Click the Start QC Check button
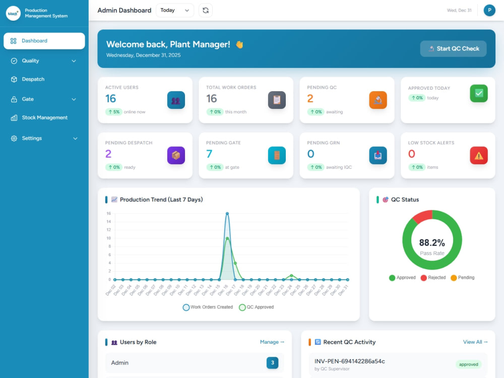[453, 48]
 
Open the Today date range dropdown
[174, 10]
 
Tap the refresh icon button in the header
[206, 10]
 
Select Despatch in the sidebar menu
[33, 79]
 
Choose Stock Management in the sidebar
[45, 117]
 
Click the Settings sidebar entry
[32, 138]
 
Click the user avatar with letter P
[489, 10]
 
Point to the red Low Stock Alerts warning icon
[479, 155]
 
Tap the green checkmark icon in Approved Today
[479, 93]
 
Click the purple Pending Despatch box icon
[176, 155]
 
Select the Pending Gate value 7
[209, 154]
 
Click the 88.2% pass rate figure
[432, 243]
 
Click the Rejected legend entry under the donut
[433, 278]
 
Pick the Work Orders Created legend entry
[208, 307]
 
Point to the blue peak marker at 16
[227, 213]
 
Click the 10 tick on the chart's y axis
[109, 238]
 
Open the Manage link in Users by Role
[272, 342]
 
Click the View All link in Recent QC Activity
[475, 342]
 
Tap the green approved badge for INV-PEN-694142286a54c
[468, 364]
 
